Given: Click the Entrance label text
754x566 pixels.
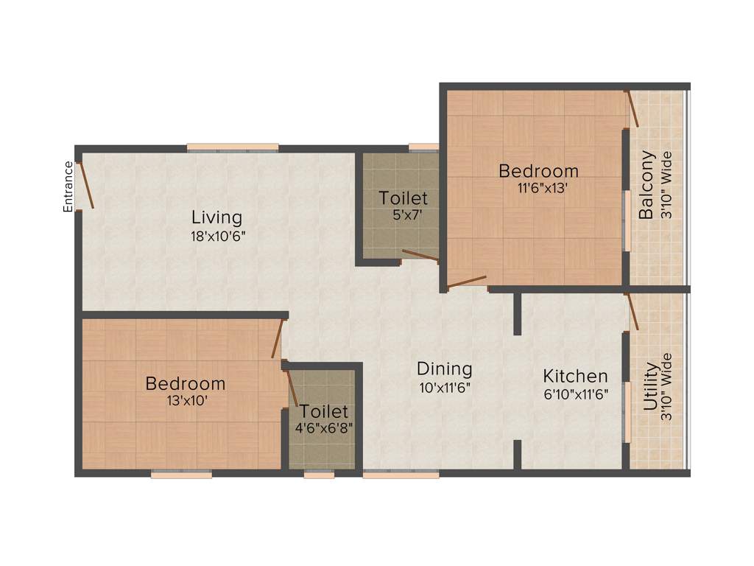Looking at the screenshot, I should [x=68, y=187].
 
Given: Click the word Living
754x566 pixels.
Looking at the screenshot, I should [x=216, y=217].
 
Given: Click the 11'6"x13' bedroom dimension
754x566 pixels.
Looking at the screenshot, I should [x=538, y=188].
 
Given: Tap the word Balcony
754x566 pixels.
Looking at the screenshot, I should [x=646, y=185].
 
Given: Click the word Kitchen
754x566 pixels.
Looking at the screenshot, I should [x=576, y=376].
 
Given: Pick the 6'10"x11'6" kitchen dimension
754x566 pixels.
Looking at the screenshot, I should [x=576, y=394].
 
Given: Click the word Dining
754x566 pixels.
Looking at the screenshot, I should [x=444, y=368].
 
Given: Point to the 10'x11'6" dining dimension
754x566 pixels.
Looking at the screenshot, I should [x=444, y=387].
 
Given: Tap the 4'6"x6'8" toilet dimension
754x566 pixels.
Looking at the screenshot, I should [x=323, y=427].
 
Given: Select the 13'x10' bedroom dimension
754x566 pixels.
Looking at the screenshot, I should [x=186, y=402].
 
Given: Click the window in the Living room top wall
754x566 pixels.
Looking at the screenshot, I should [x=233, y=147].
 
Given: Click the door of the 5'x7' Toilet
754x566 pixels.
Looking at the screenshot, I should [x=420, y=256].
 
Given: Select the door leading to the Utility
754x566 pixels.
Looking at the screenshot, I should [x=632, y=311].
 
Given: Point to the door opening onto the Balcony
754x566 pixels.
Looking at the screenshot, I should [x=632, y=109].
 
